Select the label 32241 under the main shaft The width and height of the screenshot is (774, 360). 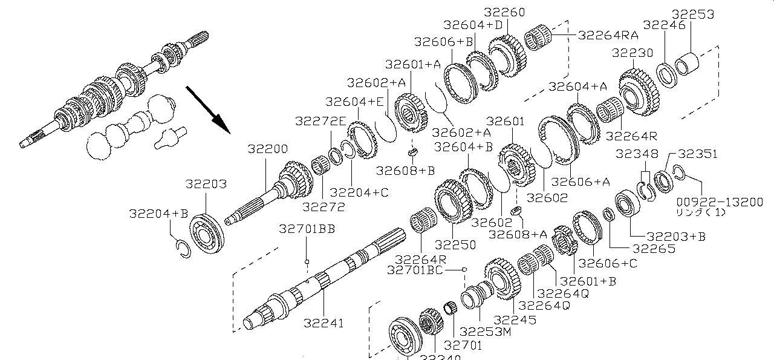coord(324,323)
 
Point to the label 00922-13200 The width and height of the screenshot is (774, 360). coord(720,202)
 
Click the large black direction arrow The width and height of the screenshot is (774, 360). coord(207,109)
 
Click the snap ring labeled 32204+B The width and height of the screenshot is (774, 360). coord(181,248)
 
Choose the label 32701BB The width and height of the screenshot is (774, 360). coord(307,229)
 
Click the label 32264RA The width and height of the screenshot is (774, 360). coord(608,35)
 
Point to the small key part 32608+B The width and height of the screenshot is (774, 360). coord(412,151)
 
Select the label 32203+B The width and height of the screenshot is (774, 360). coord(675,236)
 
